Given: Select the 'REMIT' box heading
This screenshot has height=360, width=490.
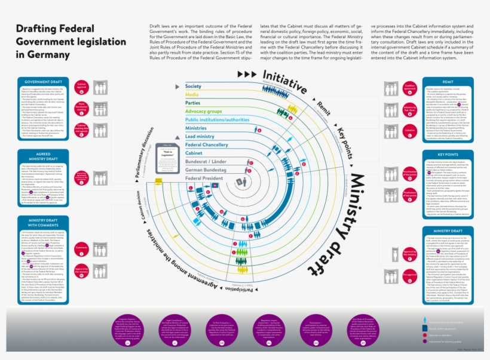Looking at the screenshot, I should (x=448, y=81).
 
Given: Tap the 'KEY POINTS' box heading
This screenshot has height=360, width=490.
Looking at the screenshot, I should (x=448, y=153).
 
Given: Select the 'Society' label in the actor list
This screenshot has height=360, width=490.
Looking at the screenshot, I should (x=194, y=87).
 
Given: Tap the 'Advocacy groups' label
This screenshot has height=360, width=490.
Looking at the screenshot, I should (x=204, y=112).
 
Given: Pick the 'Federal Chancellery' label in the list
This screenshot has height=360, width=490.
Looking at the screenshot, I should (x=206, y=145).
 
